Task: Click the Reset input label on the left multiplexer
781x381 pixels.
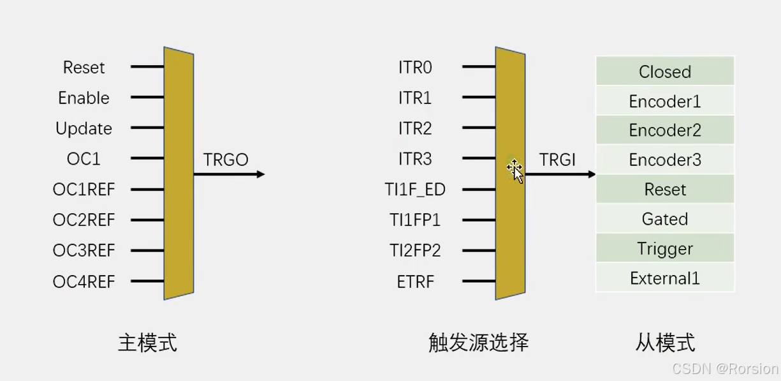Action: tap(84, 68)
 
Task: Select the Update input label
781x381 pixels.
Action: tap(84, 129)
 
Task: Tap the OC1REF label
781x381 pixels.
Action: tap(84, 190)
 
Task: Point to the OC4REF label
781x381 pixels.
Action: tap(84, 281)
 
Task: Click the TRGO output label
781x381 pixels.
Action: tap(226, 160)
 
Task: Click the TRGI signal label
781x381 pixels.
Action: tap(557, 160)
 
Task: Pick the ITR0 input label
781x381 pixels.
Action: tap(415, 68)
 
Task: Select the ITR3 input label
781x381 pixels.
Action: tap(415, 160)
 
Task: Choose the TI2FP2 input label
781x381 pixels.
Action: tap(415, 251)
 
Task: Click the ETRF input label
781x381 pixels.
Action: tap(416, 281)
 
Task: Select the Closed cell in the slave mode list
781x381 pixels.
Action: tap(665, 71)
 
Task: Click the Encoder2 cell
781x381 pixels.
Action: tap(665, 131)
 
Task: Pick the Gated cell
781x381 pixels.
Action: tap(665, 220)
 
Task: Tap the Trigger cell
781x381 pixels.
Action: tap(665, 249)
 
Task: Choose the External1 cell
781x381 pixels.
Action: tap(665, 278)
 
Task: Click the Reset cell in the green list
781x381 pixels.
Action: tap(665, 190)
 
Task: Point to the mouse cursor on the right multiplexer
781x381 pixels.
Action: tap(515, 171)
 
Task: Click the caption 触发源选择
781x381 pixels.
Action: tap(478, 343)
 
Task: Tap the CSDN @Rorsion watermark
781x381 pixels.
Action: tap(726, 369)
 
